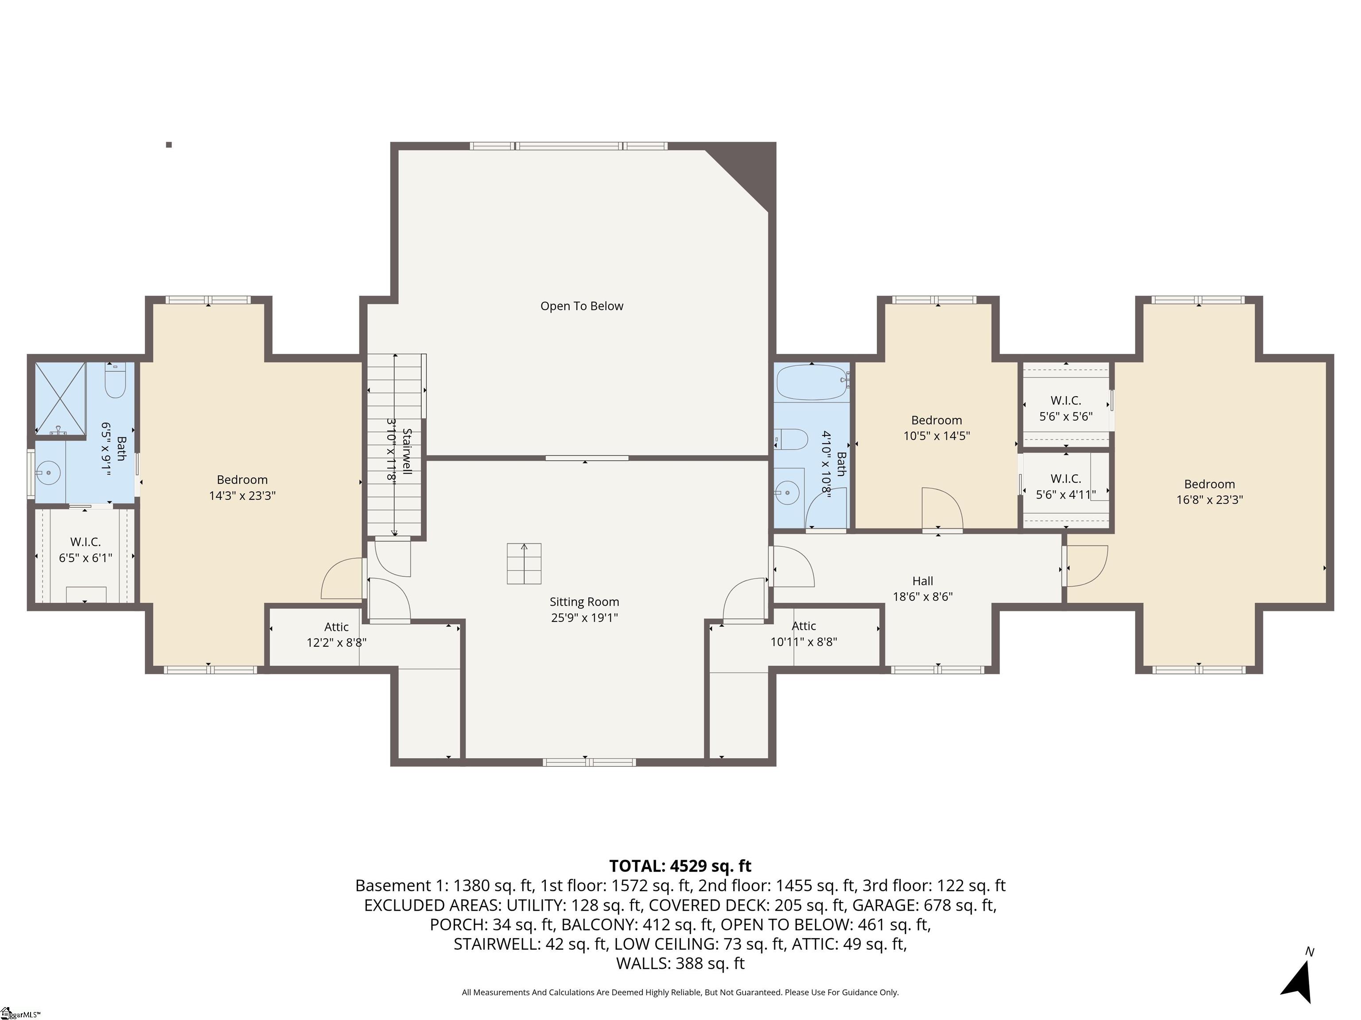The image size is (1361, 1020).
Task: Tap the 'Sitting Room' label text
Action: [x=584, y=602]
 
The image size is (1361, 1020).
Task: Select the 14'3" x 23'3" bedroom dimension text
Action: [x=242, y=495]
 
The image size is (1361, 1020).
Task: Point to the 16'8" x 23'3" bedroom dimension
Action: [x=1209, y=500]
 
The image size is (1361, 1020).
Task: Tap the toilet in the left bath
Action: [x=115, y=381]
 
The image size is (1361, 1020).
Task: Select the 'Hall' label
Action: [x=922, y=581]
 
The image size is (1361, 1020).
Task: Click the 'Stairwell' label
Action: [x=407, y=451]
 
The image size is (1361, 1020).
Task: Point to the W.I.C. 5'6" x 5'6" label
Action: [x=1065, y=408]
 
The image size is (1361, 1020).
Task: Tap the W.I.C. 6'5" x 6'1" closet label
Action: [x=86, y=550]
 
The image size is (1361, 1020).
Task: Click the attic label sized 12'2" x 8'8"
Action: [x=337, y=634]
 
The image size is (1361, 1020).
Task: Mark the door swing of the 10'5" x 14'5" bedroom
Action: [x=942, y=508]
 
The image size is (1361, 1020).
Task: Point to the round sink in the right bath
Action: [x=787, y=492]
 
